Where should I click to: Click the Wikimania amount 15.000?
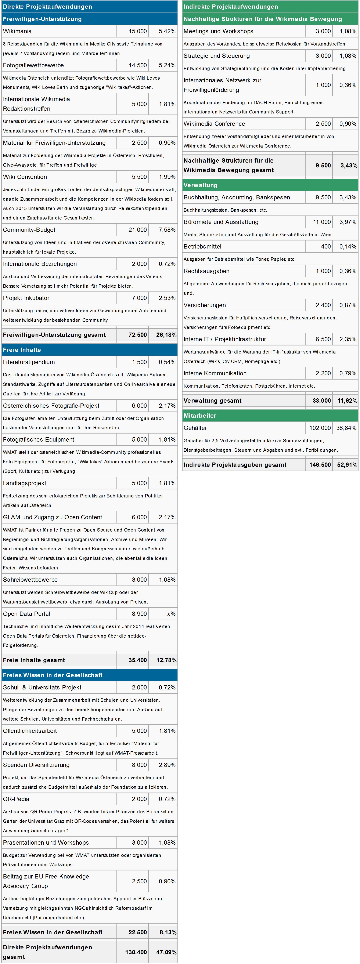click(138, 31)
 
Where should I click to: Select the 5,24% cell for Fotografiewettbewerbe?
click(167, 65)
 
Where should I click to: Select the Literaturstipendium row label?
click(29, 362)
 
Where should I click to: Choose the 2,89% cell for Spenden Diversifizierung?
click(167, 765)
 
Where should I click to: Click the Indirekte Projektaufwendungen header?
click(231, 7)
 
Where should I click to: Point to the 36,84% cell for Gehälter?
click(346, 428)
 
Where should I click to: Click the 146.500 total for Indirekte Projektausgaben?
click(320, 465)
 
